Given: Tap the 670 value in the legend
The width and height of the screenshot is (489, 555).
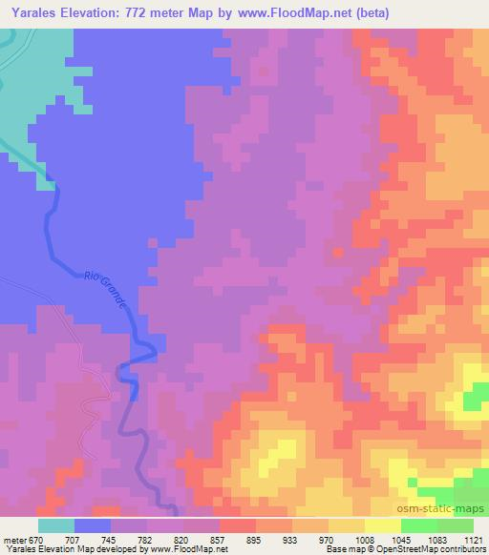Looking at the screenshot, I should [38, 540].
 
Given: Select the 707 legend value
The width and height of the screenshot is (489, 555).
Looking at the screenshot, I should [74, 540].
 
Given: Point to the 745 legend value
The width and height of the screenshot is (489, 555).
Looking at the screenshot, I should [111, 540].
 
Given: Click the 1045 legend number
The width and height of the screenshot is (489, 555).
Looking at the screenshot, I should [401, 540].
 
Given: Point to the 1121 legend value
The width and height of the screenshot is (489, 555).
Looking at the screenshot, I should [473, 540].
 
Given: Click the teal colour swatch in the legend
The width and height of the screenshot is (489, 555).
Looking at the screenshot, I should [56, 525].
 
